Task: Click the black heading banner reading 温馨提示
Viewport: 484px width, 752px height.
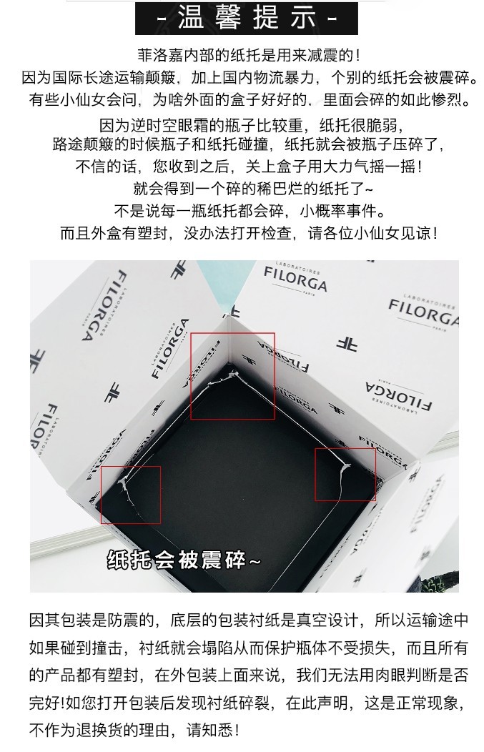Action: tap(246, 18)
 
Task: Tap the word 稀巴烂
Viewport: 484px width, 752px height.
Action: tap(280, 189)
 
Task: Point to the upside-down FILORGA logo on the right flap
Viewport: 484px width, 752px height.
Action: tap(399, 396)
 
